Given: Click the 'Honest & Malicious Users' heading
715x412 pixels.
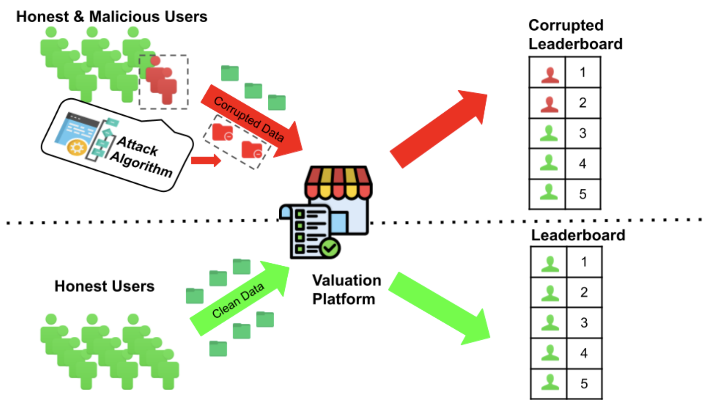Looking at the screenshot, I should pos(111,17).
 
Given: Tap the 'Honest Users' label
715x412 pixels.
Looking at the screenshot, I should pos(104,286).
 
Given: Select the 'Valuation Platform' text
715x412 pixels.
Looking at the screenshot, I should pos(346,290).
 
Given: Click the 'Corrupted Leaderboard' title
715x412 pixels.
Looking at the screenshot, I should pos(575,34).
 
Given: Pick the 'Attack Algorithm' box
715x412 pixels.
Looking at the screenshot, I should pos(118,145).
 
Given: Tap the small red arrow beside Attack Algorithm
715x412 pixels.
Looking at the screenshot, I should pos(206,160).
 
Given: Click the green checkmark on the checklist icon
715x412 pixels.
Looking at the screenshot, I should pos(330,248).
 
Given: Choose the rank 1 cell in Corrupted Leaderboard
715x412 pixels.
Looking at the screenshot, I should pos(583,72).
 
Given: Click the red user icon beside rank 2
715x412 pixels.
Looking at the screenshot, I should pos(549,103).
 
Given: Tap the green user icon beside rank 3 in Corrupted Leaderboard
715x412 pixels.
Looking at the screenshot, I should pos(548,134).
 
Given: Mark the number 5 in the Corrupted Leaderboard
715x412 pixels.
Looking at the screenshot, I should pos(583,194).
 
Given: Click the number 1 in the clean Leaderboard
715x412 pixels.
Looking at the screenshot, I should pos(584,262).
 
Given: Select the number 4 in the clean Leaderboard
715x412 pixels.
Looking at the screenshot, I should pos(584,353).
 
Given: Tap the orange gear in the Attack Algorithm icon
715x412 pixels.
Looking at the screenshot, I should pos(77,148).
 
